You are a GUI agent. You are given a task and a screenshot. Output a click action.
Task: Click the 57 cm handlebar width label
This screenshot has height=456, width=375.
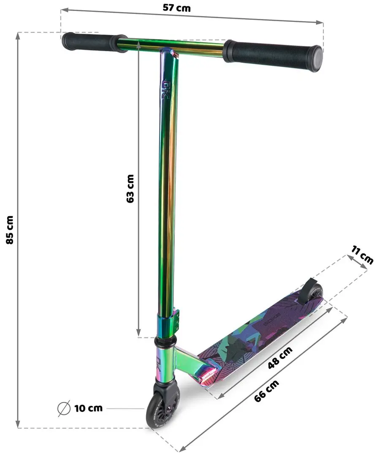(x=176, y=8)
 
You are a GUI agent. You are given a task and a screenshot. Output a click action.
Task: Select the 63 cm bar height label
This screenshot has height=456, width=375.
(x=130, y=189)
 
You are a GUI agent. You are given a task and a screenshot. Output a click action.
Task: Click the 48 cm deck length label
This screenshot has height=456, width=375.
(x=280, y=358)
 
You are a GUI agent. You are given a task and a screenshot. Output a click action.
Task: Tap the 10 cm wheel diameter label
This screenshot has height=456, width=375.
(x=88, y=408)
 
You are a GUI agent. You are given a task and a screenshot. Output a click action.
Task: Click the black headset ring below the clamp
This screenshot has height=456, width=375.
(x=165, y=341)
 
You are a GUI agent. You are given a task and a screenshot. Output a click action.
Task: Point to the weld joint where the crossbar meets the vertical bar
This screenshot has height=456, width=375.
(x=168, y=52)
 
